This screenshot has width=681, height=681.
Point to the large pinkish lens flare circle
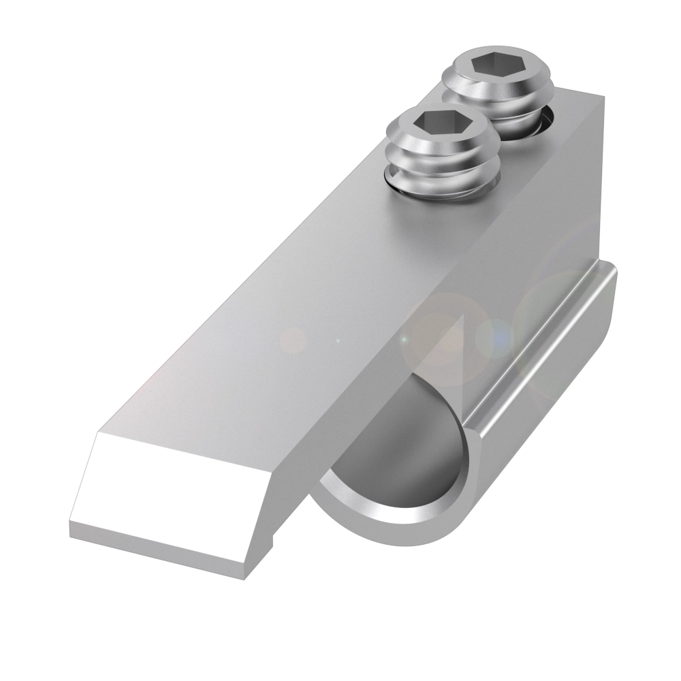tap(443, 334)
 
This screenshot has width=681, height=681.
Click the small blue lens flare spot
tap(496, 336)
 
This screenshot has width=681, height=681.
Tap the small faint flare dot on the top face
tap(294, 338)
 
